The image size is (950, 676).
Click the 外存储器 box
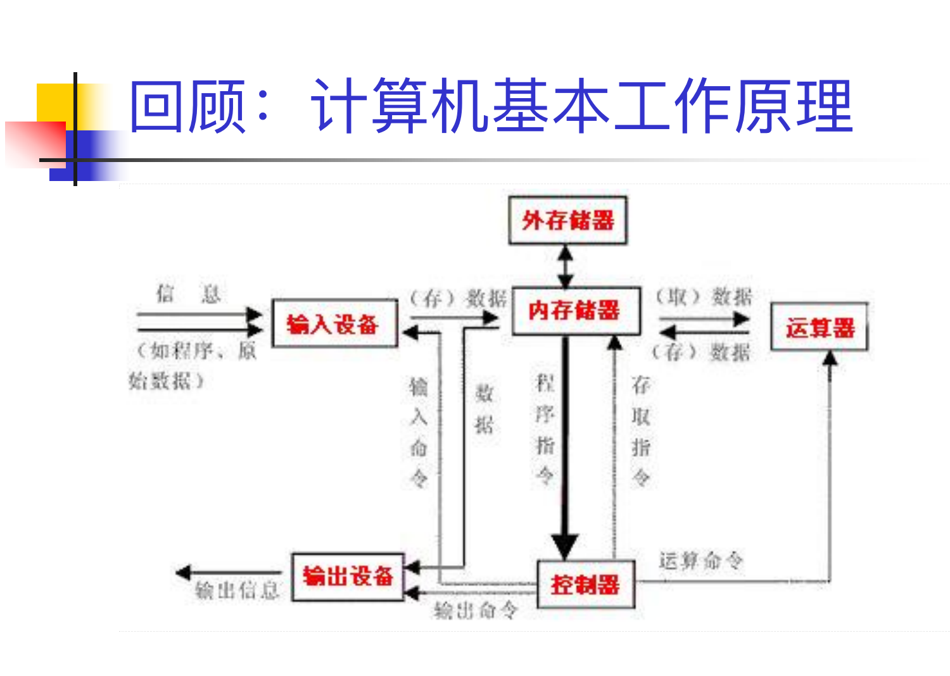[x=567, y=220]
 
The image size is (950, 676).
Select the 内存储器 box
[x=575, y=311]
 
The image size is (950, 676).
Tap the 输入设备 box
[x=334, y=324]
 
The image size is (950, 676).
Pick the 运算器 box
[x=819, y=327]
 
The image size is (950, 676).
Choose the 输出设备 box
[x=348, y=577]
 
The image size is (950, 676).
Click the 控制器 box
[x=585, y=584]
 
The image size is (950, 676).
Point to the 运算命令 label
[x=700, y=560]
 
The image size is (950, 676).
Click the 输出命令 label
[x=475, y=610]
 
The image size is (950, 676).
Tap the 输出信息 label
[x=237, y=591]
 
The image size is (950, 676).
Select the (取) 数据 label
[x=703, y=296]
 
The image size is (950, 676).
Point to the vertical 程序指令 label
[x=545, y=429]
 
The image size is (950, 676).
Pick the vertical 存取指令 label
[x=641, y=430]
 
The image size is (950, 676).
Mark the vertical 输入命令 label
[x=419, y=432]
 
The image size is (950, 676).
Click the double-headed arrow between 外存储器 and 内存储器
[x=566, y=266]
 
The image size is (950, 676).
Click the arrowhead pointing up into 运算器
[x=830, y=359]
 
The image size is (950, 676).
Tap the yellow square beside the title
[x=54, y=101]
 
